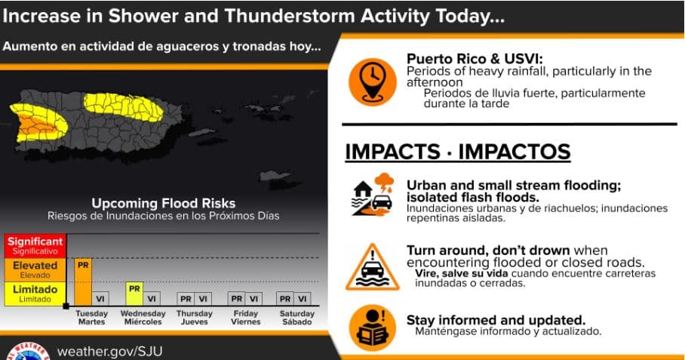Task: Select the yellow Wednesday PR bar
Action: pyautogui.click(x=134, y=294)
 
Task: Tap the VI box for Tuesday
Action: pyautogui.click(x=100, y=299)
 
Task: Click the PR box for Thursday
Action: pyautogui.click(x=186, y=299)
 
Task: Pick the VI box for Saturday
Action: pyautogui.click(x=303, y=299)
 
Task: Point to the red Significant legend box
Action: pyautogui.click(x=35, y=246)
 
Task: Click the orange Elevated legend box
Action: pyautogui.click(x=35, y=270)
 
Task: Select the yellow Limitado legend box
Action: pyautogui.click(x=35, y=294)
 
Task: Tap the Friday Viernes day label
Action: pyautogui.click(x=245, y=318)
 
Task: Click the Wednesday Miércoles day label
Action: pyautogui.click(x=143, y=318)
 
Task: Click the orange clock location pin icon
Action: pyautogui.click(x=373, y=82)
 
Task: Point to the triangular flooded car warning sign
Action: pyautogui.click(x=372, y=267)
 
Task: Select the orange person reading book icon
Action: pyautogui.click(x=373, y=328)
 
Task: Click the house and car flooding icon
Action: pyautogui.click(x=373, y=195)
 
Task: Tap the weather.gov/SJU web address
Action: pyautogui.click(x=109, y=352)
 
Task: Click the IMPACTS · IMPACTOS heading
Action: pyautogui.click(x=458, y=152)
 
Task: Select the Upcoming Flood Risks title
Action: pyautogui.click(x=164, y=203)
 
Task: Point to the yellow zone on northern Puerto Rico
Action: pyautogui.click(x=123, y=106)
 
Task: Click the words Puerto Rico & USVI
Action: pyautogui.click(x=475, y=59)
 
